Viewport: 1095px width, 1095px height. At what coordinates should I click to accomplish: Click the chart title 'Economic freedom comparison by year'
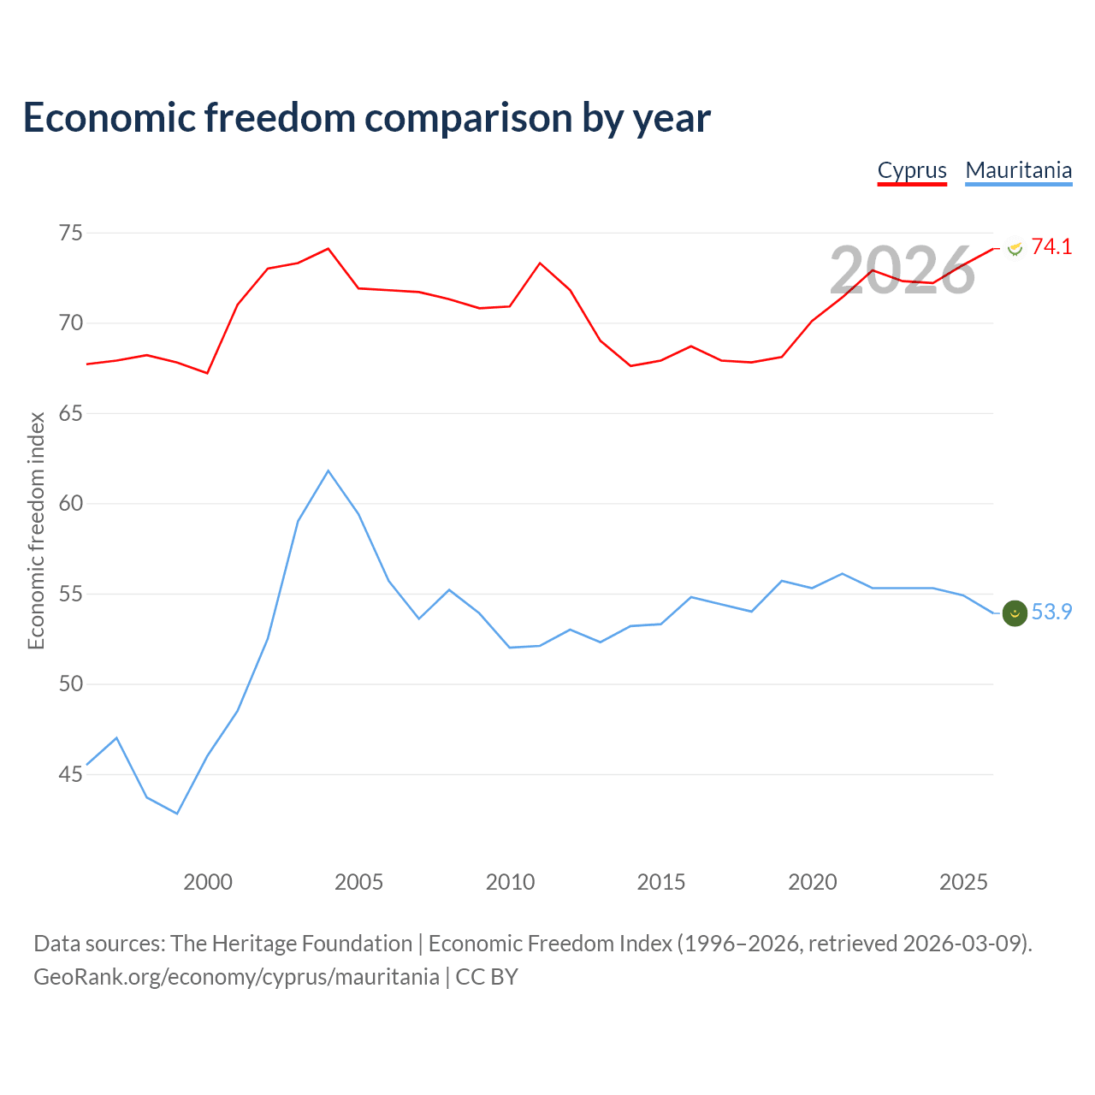click(x=366, y=118)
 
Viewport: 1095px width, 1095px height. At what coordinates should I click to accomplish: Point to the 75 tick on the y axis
click(x=70, y=233)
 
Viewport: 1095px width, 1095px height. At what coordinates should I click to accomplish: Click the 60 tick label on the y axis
click(x=70, y=504)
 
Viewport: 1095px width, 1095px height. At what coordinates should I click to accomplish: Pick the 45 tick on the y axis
click(x=70, y=774)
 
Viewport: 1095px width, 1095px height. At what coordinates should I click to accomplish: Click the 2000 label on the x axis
click(x=207, y=882)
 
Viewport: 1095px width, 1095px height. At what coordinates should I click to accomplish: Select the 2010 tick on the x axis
click(x=510, y=882)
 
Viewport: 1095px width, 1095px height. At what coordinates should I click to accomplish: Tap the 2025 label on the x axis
click(x=963, y=882)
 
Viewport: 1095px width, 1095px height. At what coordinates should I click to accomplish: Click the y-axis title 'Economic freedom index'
click(x=36, y=530)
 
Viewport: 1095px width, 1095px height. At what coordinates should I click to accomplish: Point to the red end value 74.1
click(x=1051, y=246)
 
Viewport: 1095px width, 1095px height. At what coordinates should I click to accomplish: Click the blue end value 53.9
click(x=1051, y=612)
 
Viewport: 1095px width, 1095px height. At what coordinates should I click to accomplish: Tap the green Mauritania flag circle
click(x=1015, y=613)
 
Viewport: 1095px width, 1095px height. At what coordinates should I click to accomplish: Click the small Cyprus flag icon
click(x=1015, y=248)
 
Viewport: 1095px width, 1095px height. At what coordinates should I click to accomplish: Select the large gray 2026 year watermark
click(x=902, y=270)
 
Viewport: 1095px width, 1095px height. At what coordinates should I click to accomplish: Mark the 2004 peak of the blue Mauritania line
click(x=328, y=471)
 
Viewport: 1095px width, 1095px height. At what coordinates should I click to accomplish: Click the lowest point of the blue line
click(x=177, y=814)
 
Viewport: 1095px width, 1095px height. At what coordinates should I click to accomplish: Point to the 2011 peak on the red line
click(x=540, y=263)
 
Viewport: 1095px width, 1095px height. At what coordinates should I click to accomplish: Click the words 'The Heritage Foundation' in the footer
click(x=291, y=944)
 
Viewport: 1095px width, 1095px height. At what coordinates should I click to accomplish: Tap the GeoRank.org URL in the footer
click(x=236, y=978)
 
